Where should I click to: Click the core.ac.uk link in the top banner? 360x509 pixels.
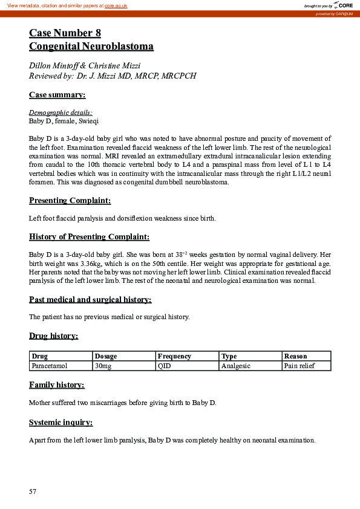(116, 5)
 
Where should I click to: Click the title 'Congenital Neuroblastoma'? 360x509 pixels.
(91, 46)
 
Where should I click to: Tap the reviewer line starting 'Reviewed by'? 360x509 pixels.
(112, 76)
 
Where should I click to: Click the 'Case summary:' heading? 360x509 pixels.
(57, 94)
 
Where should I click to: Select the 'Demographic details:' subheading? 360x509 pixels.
(61, 112)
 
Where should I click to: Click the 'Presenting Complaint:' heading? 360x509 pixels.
(70, 201)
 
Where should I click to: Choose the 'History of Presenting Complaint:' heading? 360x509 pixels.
(89, 237)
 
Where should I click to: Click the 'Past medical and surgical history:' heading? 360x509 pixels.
(90, 300)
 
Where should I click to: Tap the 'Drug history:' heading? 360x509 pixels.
(53, 336)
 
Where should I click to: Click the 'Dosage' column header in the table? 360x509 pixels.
(106, 357)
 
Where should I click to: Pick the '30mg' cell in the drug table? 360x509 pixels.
(103, 366)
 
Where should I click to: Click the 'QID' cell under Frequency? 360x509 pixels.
(164, 366)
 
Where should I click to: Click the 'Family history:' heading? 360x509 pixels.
(57, 385)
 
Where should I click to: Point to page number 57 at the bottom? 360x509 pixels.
(33, 491)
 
